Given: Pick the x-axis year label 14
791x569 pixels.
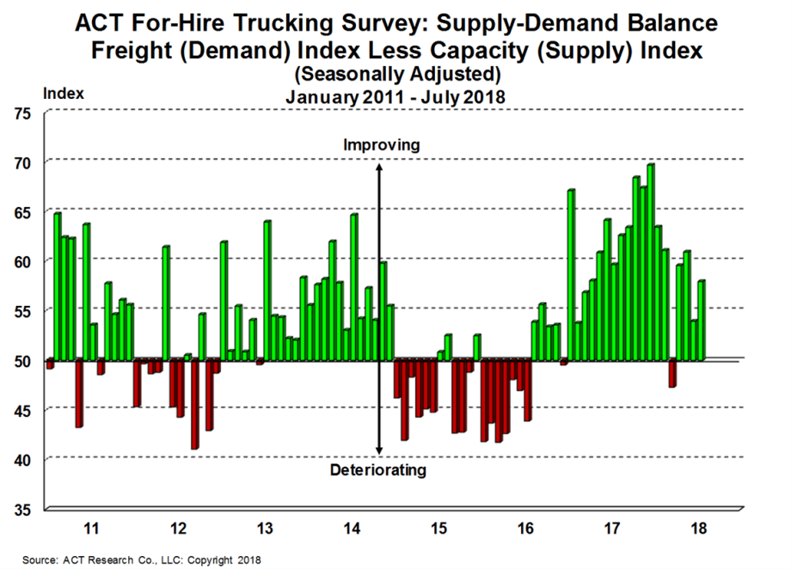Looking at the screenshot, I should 353,527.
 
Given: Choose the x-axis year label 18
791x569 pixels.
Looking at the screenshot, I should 698,527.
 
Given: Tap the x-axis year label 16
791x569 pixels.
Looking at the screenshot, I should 526,527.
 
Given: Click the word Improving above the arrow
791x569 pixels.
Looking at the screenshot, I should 381,145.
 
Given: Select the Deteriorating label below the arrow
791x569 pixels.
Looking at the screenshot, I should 378,470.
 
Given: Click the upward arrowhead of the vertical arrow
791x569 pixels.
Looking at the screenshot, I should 379,163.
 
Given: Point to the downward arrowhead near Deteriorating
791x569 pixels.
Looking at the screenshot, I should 379,452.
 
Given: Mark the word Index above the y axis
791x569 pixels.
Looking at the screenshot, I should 63,93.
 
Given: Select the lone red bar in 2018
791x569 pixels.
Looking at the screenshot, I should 671,374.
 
